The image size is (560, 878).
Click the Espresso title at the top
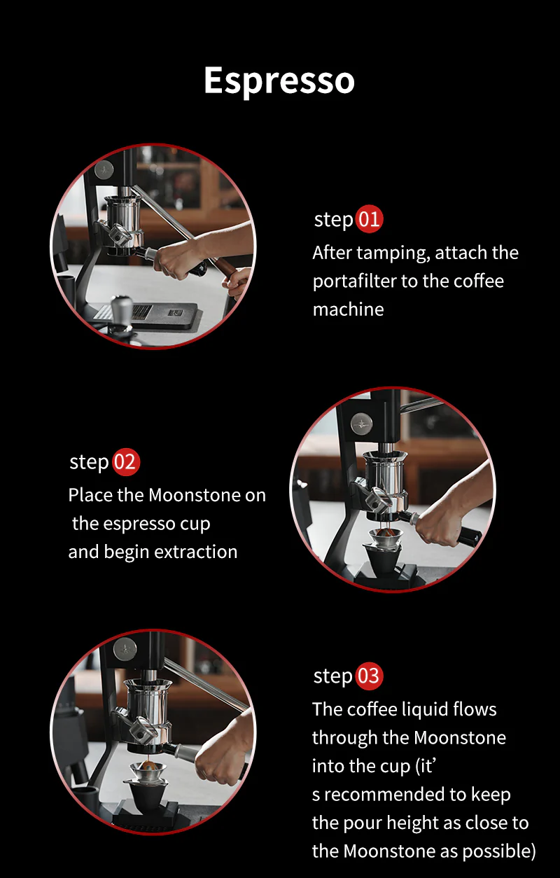(279, 81)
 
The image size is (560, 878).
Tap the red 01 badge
(369, 219)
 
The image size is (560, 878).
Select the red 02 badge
(126, 462)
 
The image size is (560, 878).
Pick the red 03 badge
(369, 676)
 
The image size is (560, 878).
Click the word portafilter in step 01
(356, 281)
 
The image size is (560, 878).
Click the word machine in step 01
(348, 309)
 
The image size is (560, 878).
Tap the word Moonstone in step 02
(197, 495)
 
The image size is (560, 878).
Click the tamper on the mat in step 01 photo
(121, 308)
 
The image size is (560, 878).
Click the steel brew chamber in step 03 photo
(148, 700)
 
